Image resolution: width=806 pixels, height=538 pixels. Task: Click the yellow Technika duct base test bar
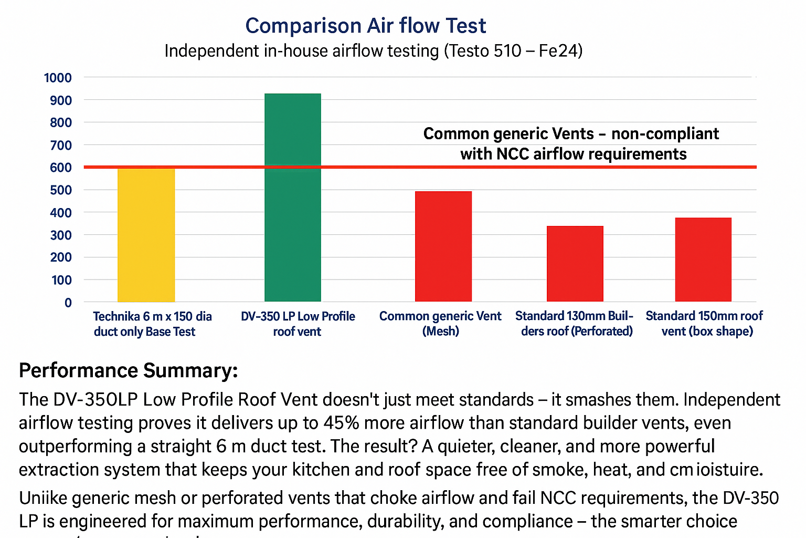[x=146, y=235]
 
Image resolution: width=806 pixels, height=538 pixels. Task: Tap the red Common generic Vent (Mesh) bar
[x=443, y=246]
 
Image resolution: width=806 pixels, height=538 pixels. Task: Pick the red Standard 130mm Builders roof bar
[x=575, y=264]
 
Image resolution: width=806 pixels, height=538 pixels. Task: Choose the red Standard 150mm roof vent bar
[x=703, y=260]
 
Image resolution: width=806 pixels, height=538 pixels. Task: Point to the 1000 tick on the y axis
[x=58, y=78]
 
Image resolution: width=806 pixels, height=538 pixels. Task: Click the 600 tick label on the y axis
[x=61, y=168]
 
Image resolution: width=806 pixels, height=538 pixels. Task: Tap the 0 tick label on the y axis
[x=68, y=303]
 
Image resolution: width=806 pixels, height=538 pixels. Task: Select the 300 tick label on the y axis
[x=61, y=235]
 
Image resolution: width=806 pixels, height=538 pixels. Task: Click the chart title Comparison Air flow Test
[x=366, y=26]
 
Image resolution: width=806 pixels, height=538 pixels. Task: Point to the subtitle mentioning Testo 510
[x=373, y=51]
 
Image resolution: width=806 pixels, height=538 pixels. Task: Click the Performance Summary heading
[x=129, y=370]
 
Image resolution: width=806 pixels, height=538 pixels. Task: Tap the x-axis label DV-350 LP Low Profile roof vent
[x=298, y=324]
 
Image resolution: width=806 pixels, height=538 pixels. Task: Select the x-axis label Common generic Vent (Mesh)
[x=440, y=324]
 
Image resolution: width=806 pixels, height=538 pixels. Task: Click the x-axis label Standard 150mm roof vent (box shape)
[x=704, y=324]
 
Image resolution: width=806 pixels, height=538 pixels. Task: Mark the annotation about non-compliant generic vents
[x=571, y=143]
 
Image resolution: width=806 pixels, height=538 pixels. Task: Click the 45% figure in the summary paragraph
[x=341, y=423]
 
